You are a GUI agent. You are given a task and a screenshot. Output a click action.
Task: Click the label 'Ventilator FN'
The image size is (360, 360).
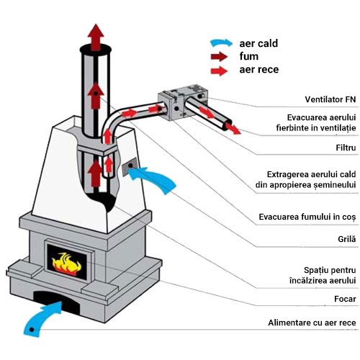[x=330, y=99]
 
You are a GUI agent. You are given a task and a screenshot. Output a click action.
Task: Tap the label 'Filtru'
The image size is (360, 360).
[x=346, y=148]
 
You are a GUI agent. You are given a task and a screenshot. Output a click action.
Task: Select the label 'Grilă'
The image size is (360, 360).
[x=347, y=239]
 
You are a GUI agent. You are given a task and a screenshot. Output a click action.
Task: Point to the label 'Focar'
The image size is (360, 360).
[x=345, y=299]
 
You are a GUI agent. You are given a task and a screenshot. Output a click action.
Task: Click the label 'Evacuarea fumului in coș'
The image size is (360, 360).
[x=307, y=217]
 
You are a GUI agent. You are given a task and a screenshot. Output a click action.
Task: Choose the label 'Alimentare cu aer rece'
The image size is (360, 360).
[x=312, y=323]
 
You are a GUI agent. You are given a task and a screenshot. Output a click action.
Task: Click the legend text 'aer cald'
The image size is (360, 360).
[x=258, y=43]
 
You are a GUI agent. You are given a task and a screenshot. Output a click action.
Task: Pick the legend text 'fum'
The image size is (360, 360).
[x=249, y=56]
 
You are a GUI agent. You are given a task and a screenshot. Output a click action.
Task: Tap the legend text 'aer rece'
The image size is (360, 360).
[x=259, y=70]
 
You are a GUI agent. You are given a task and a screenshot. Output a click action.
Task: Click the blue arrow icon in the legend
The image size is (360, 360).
[x=221, y=42]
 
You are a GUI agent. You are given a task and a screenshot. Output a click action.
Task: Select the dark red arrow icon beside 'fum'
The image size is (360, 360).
[x=219, y=57]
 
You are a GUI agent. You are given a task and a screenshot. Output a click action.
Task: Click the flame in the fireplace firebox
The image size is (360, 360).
[x=66, y=264]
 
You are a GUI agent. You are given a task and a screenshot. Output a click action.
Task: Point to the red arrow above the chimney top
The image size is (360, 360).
[x=96, y=37]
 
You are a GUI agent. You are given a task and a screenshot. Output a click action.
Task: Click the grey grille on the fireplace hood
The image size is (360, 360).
[x=130, y=167]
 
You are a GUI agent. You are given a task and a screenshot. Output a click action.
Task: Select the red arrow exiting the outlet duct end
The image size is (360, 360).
[x=233, y=128]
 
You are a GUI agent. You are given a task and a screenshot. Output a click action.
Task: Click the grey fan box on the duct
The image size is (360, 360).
[x=183, y=102]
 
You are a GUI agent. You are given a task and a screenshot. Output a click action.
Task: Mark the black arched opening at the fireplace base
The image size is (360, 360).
[x=56, y=299]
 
